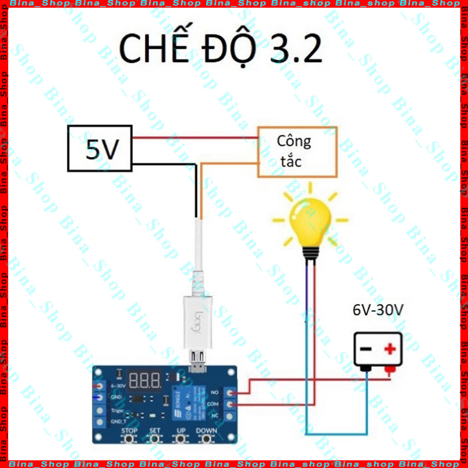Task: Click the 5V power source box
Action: coord(100,149)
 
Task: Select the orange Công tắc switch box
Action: coord(298,151)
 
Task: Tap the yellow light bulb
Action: coord(311,224)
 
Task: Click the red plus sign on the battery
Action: coord(389,350)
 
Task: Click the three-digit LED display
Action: coord(145,379)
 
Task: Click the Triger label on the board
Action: coord(117,410)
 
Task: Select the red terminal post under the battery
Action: coord(389,370)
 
